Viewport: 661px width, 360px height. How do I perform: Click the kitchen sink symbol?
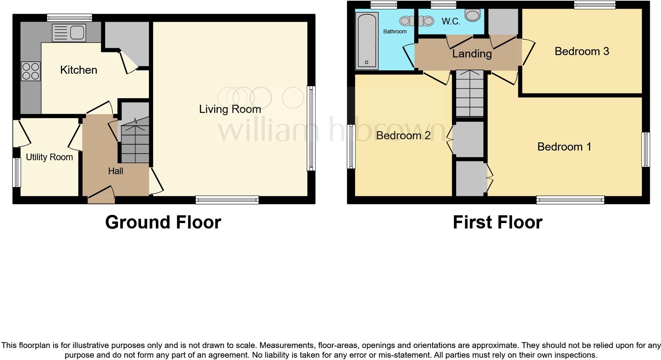point(69,33)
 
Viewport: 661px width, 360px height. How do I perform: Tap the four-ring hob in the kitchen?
point(31,71)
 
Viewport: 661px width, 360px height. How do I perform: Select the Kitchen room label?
point(78,70)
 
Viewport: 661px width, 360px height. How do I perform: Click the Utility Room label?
point(49,157)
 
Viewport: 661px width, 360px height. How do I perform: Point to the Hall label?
point(116,171)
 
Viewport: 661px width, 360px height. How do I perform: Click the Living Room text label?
point(230,109)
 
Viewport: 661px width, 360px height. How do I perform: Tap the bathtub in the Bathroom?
point(367,41)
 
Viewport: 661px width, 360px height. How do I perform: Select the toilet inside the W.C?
point(472,16)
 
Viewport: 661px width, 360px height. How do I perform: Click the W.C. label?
point(451,21)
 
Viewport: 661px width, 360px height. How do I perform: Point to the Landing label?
point(472,54)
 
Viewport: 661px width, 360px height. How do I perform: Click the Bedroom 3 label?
point(581,51)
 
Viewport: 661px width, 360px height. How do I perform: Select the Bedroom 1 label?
point(564,147)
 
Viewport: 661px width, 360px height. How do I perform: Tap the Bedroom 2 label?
point(403,135)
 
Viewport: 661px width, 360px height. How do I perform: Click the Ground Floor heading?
point(163,222)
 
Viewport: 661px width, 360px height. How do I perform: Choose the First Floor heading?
point(497,222)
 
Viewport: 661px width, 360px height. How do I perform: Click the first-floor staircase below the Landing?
point(470,93)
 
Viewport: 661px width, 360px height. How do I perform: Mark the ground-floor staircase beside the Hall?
point(135,140)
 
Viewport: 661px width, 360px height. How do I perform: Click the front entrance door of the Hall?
point(101,196)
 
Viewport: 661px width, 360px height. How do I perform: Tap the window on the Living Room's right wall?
point(311,128)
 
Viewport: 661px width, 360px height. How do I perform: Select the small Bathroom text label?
point(395,31)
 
